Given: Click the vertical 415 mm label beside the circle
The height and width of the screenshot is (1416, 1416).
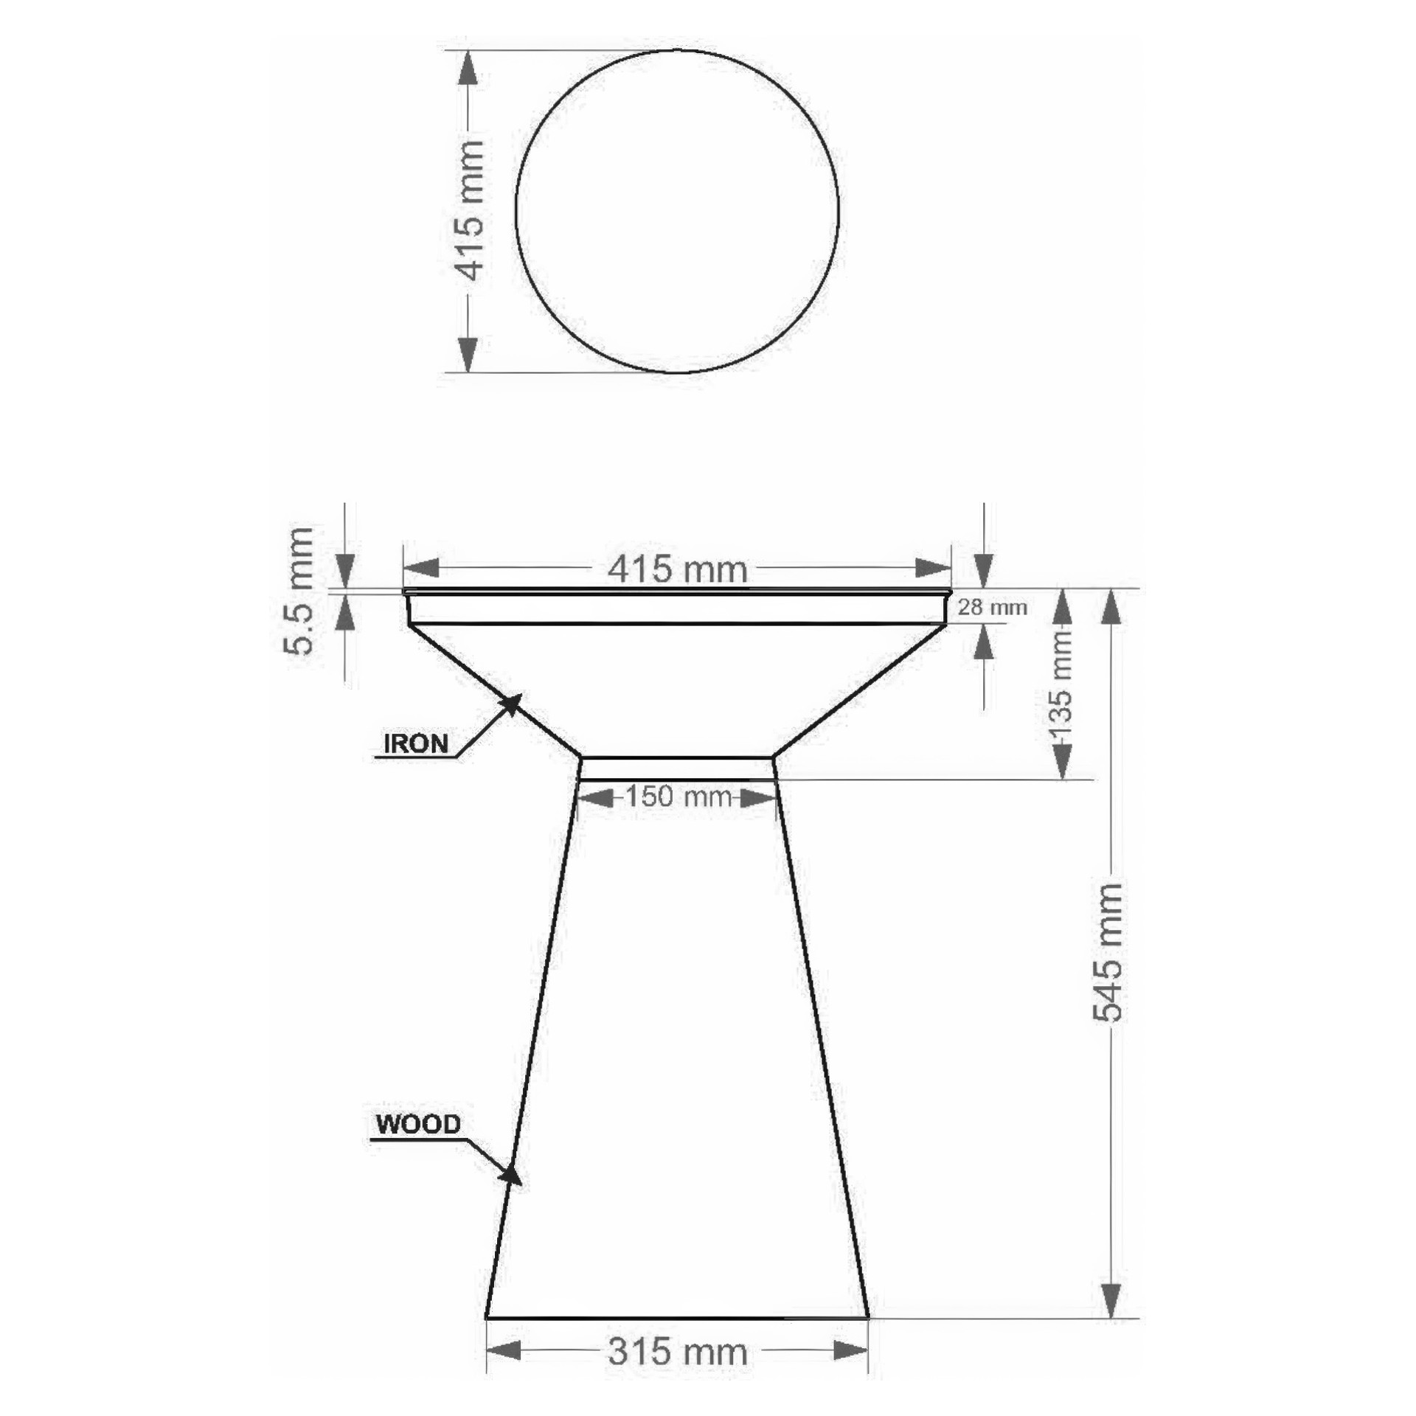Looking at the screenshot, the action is (x=470, y=211).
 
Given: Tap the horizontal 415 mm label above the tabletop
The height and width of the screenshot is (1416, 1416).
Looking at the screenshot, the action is (x=677, y=569).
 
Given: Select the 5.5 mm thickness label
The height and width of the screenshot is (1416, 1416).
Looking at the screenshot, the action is (x=299, y=591).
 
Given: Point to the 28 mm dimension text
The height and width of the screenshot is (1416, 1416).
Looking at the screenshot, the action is (x=992, y=608).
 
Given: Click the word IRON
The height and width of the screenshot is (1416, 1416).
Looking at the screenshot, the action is (x=416, y=743).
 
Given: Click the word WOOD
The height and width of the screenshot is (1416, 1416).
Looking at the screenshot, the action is (x=418, y=1124).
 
